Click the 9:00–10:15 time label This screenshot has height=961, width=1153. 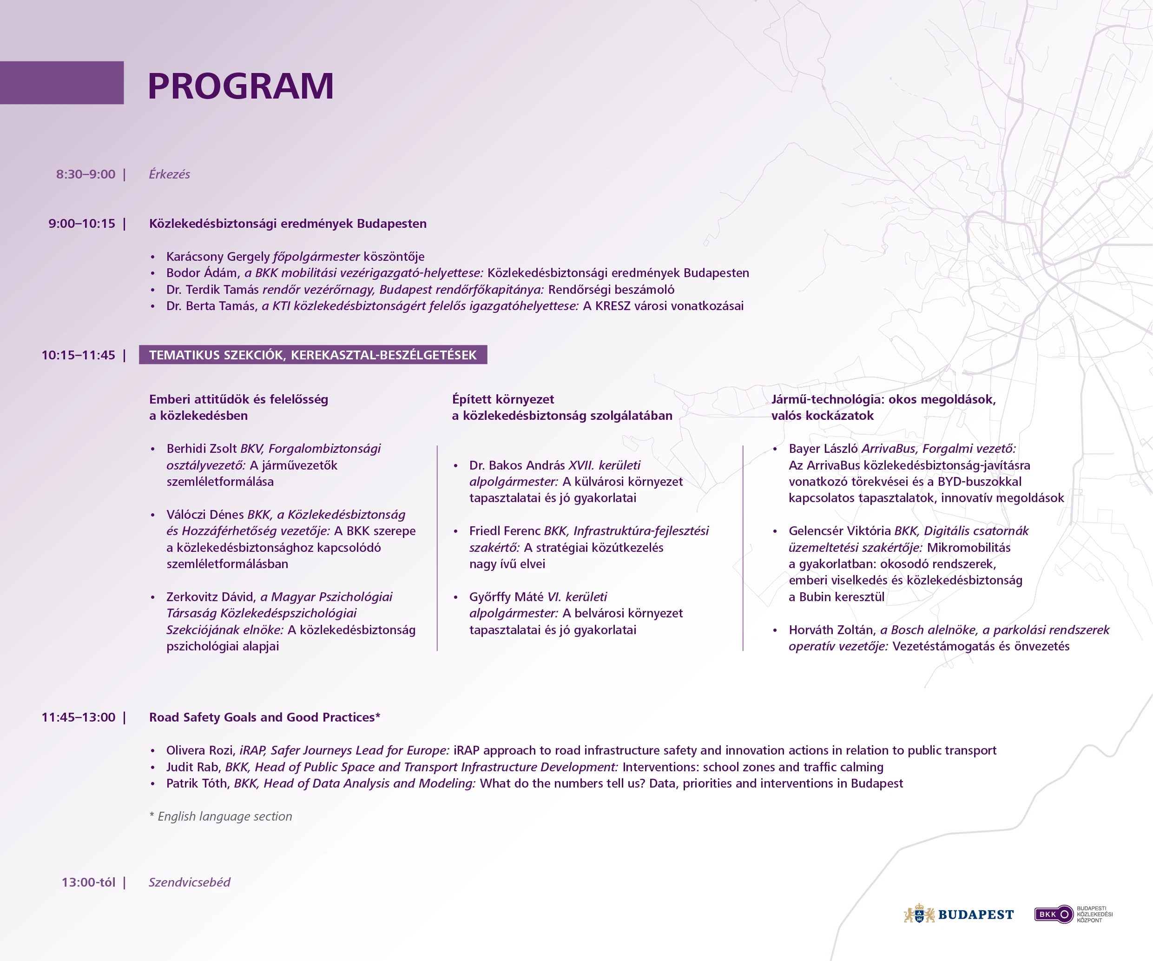(82, 224)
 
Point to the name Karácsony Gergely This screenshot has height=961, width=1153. (218, 257)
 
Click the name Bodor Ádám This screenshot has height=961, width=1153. (202, 273)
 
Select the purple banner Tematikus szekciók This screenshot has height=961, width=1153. (313, 355)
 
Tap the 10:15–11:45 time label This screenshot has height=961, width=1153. (79, 355)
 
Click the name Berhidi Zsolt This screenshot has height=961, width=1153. (202, 449)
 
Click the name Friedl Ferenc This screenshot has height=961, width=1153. (505, 531)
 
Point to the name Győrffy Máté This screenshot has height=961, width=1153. (506, 597)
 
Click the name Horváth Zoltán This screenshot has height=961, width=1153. (832, 630)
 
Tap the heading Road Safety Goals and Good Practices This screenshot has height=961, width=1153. (264, 717)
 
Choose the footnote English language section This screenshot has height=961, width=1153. (221, 816)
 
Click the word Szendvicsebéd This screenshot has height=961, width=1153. (190, 882)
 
